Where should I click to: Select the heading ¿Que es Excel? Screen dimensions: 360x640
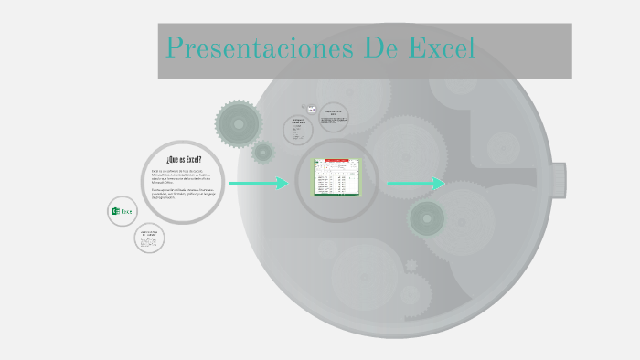tap(184, 159)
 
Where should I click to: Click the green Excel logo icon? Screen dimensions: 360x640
tap(122, 211)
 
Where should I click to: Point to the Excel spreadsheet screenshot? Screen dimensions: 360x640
tap(336, 178)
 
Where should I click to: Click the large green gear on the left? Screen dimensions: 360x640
tap(239, 123)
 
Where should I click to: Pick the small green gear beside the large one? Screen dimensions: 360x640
tap(263, 152)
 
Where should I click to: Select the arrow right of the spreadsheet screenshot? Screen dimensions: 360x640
tap(415, 184)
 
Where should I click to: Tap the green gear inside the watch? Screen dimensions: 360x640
tap(426, 218)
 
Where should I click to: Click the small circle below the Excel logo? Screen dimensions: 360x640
tap(149, 238)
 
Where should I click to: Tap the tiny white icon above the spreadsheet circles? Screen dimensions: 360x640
tap(312, 110)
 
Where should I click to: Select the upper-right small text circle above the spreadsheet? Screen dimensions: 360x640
tap(334, 117)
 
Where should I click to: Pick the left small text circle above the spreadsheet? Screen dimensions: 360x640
tap(297, 130)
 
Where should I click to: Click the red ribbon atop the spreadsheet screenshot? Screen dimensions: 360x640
tap(336, 161)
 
